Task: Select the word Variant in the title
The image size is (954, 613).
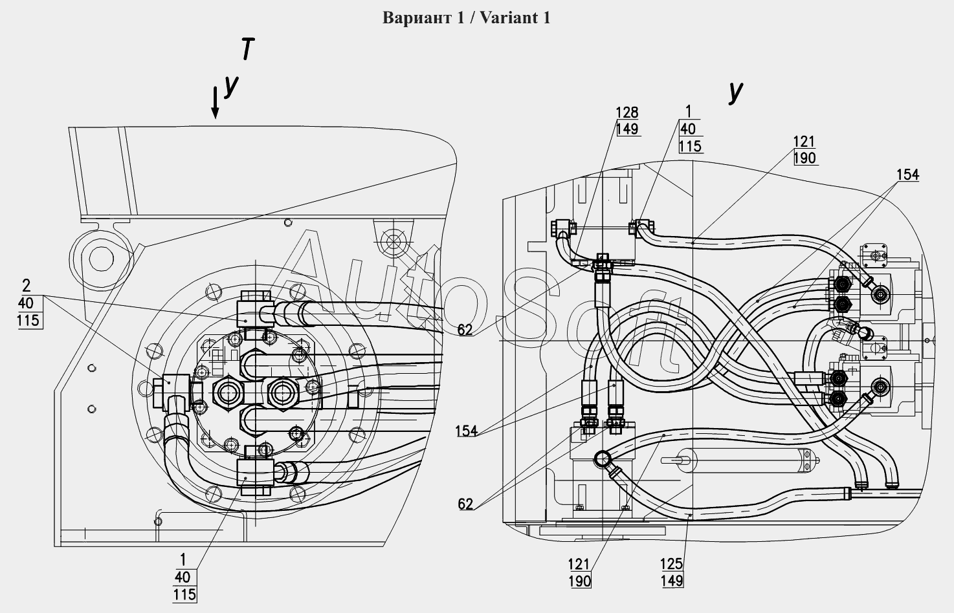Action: tap(507, 18)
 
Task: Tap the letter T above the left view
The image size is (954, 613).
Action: tap(247, 48)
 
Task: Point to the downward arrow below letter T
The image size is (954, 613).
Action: tap(216, 102)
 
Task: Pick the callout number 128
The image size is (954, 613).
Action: tap(627, 113)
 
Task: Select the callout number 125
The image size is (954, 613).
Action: tap(672, 564)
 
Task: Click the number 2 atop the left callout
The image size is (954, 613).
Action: tap(27, 285)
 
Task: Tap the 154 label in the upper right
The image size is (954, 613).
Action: tap(907, 175)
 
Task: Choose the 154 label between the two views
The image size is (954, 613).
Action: tap(467, 431)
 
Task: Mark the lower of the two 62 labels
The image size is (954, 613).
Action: tap(465, 504)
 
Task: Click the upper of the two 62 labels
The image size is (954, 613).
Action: tap(465, 329)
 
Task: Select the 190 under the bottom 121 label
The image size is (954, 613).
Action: tap(580, 581)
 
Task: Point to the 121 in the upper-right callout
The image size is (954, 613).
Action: tap(804, 142)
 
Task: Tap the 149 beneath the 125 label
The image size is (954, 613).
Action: tap(672, 581)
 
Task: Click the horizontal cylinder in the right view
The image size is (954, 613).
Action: tap(740, 460)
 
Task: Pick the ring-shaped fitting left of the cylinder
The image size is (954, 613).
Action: tap(602, 458)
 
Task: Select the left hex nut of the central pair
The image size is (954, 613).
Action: tap(227, 393)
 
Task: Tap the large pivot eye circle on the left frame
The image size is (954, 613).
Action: tap(102, 259)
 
